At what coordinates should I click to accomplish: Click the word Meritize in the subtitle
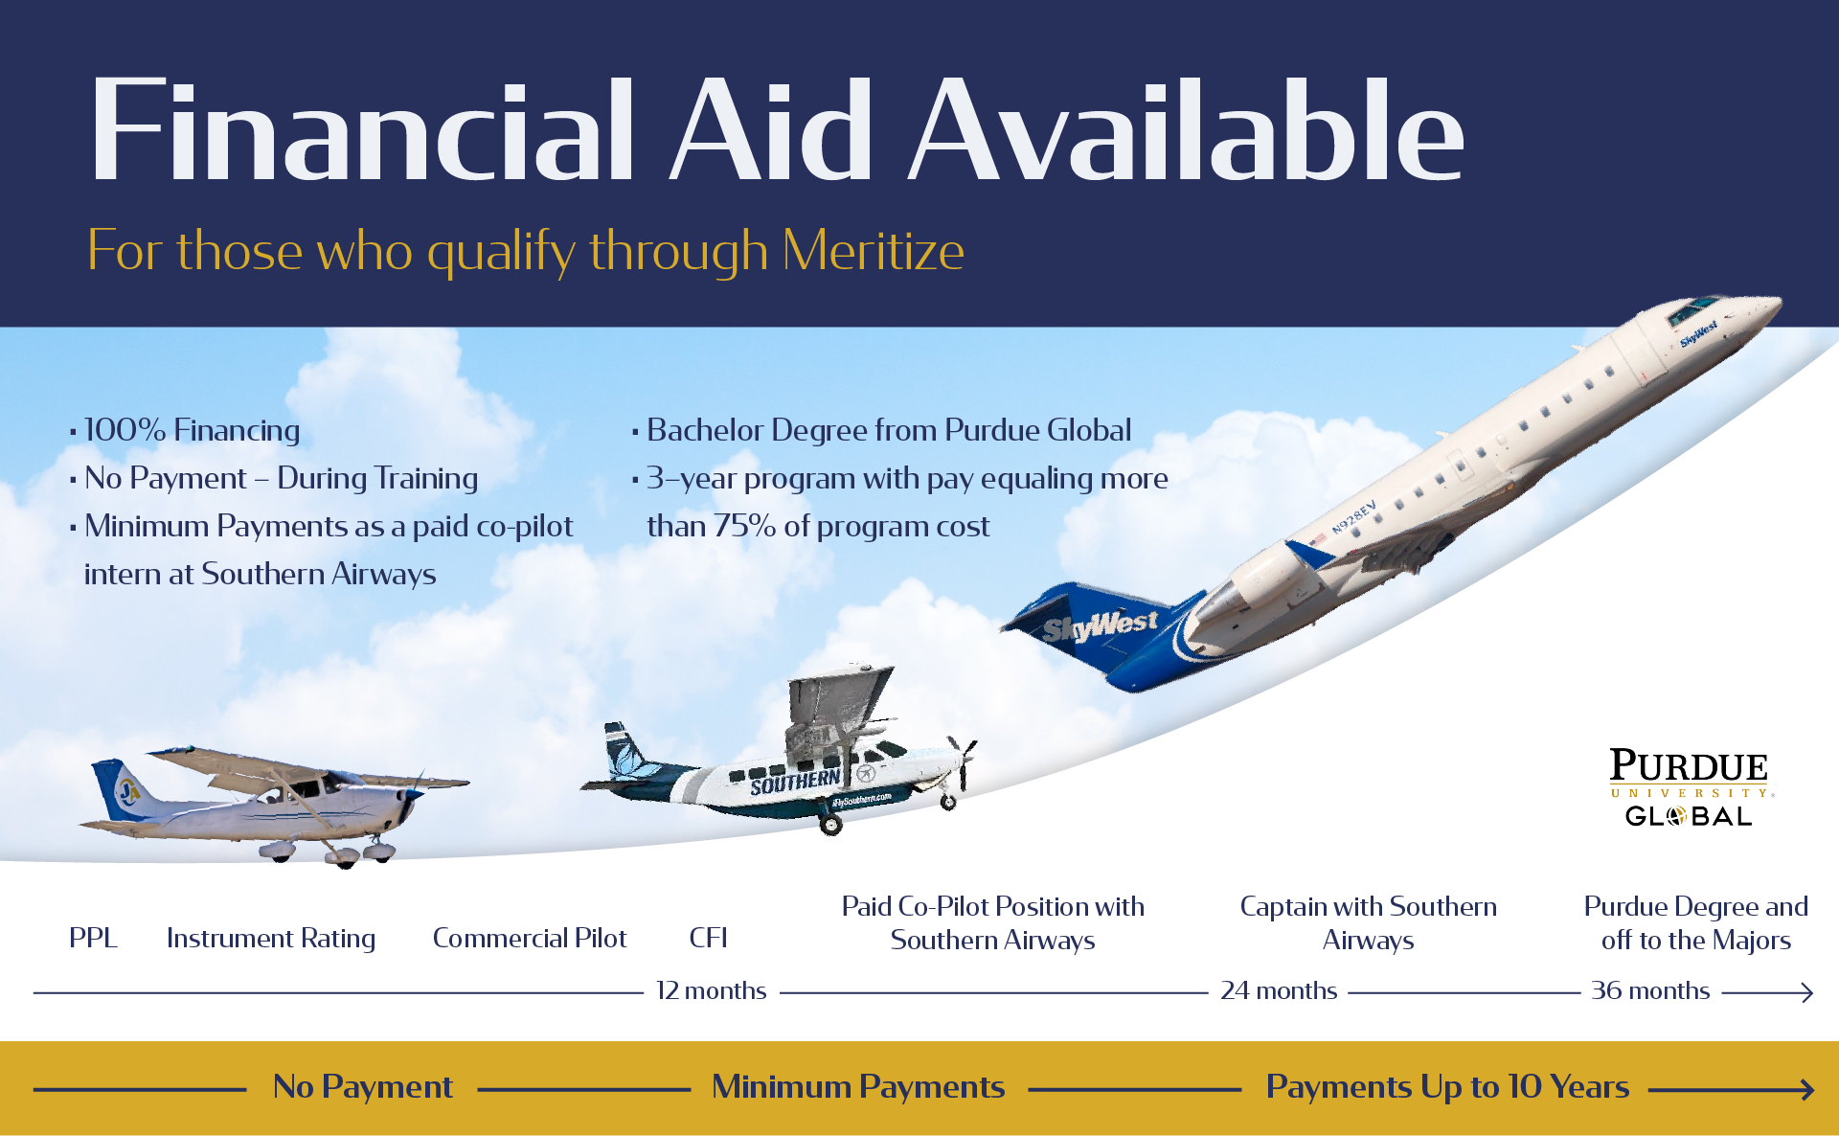(x=873, y=251)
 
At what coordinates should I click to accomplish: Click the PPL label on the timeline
(x=93, y=938)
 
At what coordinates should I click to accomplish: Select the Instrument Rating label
(x=271, y=938)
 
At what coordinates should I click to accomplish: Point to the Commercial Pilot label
(x=530, y=938)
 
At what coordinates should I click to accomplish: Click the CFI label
(x=708, y=938)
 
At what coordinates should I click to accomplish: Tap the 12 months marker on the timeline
(x=711, y=990)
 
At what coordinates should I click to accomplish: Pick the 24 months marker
(x=1278, y=990)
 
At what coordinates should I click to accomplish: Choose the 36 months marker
(x=1649, y=990)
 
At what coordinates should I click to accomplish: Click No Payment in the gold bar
(x=362, y=1087)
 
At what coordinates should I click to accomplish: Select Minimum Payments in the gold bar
(x=858, y=1087)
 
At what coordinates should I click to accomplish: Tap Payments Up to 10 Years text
(x=1446, y=1087)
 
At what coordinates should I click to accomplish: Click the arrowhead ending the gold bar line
(x=1806, y=1089)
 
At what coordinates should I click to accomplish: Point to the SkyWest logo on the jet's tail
(x=1100, y=627)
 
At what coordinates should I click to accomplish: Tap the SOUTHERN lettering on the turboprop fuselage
(x=795, y=783)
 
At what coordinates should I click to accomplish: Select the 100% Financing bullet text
(x=192, y=430)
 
